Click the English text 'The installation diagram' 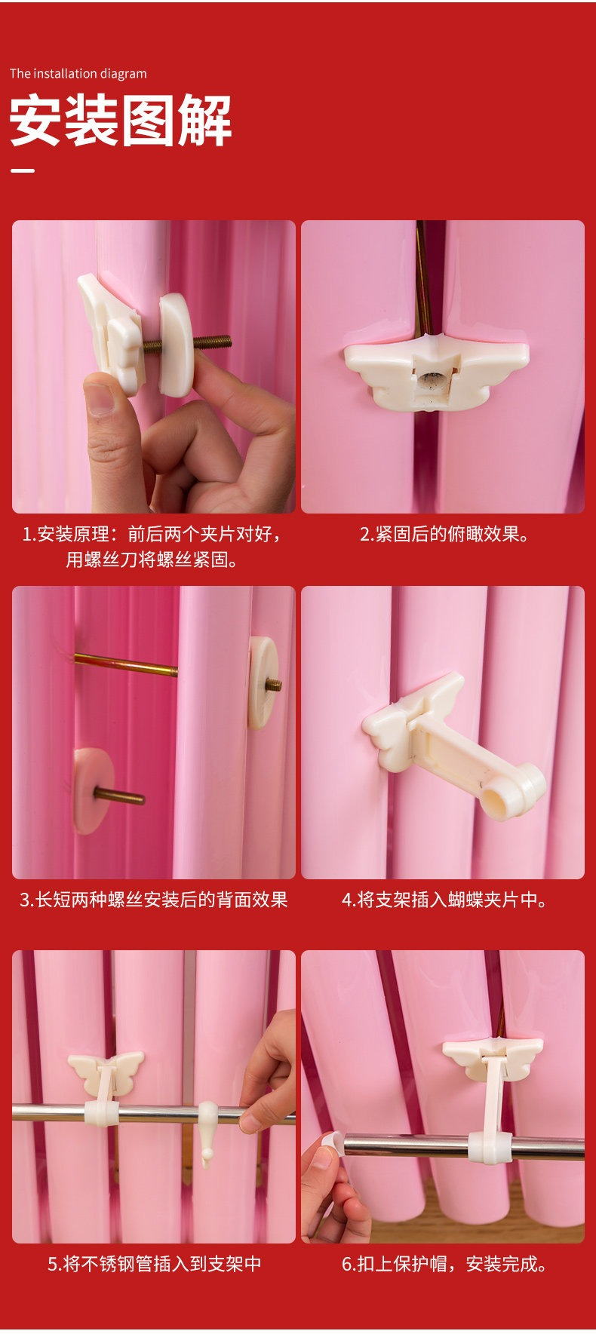[78, 74]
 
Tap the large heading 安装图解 [121, 121]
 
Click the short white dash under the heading [23, 170]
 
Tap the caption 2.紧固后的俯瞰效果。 [444, 535]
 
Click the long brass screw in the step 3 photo [126, 664]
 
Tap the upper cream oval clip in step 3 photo [263, 682]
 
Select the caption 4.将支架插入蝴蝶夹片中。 [444, 900]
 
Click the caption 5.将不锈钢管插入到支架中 [155, 1264]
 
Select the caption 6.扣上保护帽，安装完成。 [444, 1264]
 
